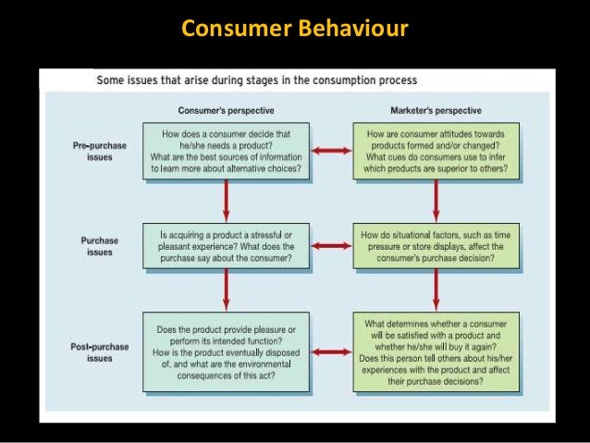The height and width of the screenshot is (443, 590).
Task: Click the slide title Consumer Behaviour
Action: [x=294, y=31]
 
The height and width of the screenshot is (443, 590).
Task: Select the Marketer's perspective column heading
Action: [x=436, y=111]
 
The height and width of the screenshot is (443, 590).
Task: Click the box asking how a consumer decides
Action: [x=226, y=152]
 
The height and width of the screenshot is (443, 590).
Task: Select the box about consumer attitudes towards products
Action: [x=436, y=152]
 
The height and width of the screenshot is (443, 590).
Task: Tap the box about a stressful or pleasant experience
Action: [x=226, y=247]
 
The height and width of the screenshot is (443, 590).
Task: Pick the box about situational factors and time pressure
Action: [x=436, y=247]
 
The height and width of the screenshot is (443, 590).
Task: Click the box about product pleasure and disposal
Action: [x=226, y=352]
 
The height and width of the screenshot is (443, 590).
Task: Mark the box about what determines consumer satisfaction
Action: [x=436, y=352]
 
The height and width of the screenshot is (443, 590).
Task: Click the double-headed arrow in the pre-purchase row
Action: [x=330, y=150]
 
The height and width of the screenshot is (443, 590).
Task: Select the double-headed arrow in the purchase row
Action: [x=330, y=247]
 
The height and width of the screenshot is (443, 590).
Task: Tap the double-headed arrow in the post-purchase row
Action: [x=330, y=351]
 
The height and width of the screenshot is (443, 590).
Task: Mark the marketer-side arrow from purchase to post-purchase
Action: [x=435, y=291]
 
